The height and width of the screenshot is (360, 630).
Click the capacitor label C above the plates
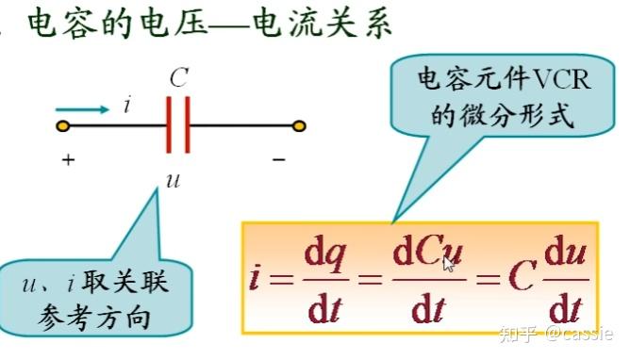click(x=178, y=77)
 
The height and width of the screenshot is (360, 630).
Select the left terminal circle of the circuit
click(x=62, y=125)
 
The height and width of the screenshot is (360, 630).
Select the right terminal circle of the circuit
click(x=299, y=125)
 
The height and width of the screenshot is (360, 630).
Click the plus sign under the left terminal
click(x=68, y=160)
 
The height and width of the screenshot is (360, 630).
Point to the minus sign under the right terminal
click(x=278, y=160)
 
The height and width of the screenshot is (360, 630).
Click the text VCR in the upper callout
click(x=563, y=80)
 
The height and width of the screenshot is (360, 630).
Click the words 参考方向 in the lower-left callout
click(x=93, y=318)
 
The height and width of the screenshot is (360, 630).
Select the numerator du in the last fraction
click(x=562, y=255)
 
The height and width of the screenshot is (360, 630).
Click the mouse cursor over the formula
click(x=449, y=263)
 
